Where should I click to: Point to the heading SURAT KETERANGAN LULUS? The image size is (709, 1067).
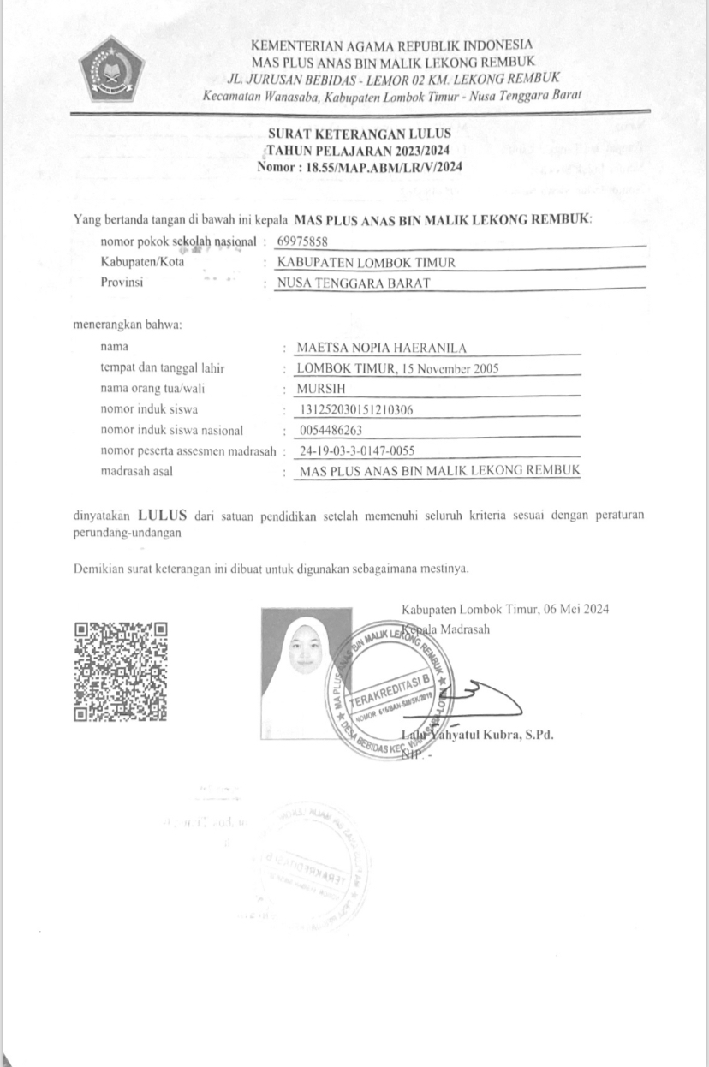pyautogui.click(x=360, y=134)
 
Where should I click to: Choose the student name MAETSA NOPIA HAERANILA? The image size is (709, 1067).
pyautogui.click(x=389, y=348)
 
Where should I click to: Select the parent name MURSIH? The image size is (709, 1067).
pyautogui.click(x=319, y=389)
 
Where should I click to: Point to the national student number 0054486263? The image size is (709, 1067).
pyautogui.click(x=332, y=430)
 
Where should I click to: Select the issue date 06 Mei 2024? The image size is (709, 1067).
pyautogui.click(x=575, y=610)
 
